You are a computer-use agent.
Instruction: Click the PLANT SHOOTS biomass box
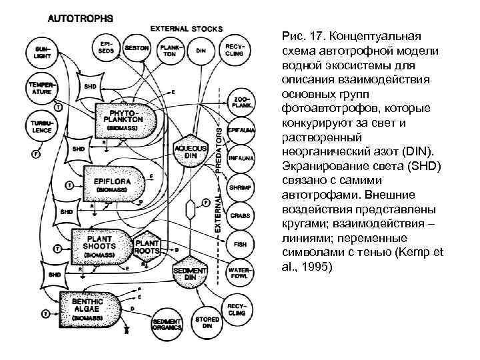(101, 244)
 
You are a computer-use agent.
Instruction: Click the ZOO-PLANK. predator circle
(239, 101)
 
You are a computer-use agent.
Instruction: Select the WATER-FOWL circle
(239, 273)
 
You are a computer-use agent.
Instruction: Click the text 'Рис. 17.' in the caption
(303, 34)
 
